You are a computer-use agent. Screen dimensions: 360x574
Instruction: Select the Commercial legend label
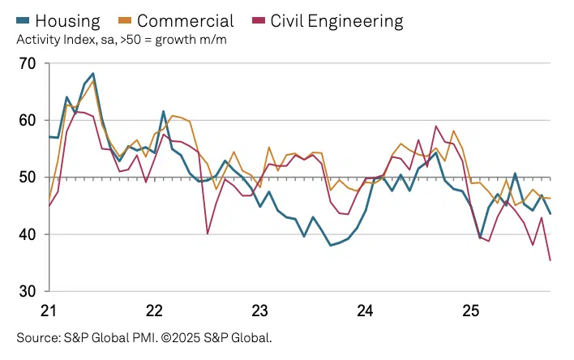tap(185, 21)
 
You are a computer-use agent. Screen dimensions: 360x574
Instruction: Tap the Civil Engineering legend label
tap(339, 21)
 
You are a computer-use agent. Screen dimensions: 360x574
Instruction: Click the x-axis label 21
tap(49, 310)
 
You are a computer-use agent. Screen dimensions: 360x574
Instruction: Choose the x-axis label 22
tap(155, 310)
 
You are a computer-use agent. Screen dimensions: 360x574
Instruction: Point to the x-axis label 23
tap(260, 310)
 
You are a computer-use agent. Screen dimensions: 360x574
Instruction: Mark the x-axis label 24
tap(366, 310)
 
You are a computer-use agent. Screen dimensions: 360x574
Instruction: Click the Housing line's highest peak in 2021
tap(93, 73)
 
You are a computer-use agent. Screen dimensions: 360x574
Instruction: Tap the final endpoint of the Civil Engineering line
tap(550, 260)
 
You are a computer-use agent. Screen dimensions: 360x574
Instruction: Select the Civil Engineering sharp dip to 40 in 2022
tap(208, 234)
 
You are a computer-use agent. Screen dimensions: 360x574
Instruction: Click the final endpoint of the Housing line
tap(550, 214)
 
